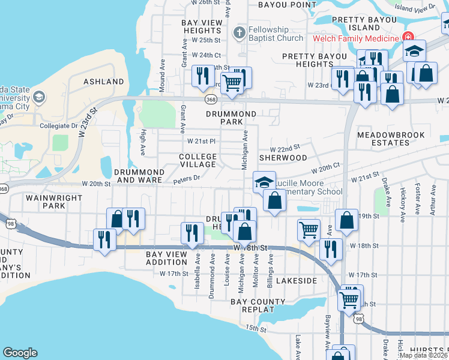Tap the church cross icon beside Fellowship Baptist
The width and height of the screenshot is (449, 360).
pos(239,32)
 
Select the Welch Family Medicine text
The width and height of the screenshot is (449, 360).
pos(355,38)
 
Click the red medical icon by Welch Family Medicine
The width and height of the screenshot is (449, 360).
pos(408,37)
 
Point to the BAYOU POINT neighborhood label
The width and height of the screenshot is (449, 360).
pos(287,5)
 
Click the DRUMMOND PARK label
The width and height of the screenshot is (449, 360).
pos(231,118)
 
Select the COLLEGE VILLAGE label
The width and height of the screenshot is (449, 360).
pos(197,160)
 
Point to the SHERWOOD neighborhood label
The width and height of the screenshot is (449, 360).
pos(283,158)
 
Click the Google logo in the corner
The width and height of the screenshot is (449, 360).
pos(20,353)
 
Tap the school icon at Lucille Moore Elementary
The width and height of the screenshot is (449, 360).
pos(263,182)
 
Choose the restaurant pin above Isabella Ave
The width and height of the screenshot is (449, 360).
pos(191,232)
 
